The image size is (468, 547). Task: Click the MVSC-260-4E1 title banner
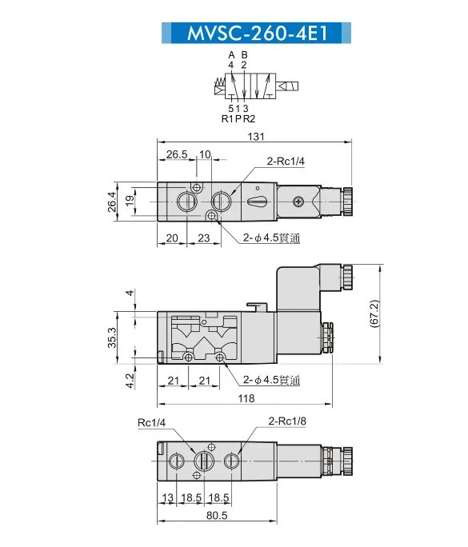pyautogui.click(x=256, y=33)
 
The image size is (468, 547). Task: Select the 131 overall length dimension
pyautogui.click(x=256, y=137)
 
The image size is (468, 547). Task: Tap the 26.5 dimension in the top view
pyautogui.click(x=177, y=154)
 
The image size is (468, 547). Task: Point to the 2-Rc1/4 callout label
pyautogui.click(x=286, y=162)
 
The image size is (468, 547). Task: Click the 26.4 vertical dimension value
pyautogui.click(x=112, y=202)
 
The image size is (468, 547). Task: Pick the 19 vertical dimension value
pyautogui.click(x=130, y=201)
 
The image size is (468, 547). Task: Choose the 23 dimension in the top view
pyautogui.click(x=203, y=238)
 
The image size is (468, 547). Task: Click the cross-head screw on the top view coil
pyautogui.click(x=298, y=202)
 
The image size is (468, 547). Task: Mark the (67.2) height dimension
pyautogui.click(x=374, y=313)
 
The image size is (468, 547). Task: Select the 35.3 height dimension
pyautogui.click(x=112, y=337)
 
